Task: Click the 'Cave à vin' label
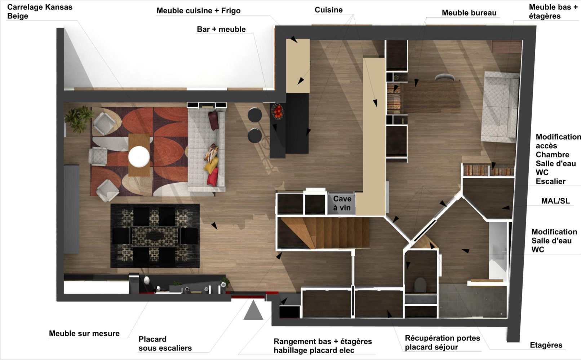pos(342,203)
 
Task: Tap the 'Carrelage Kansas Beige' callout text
pos(40,12)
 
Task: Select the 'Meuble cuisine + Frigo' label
pos(199,11)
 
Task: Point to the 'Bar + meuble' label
pos(221,29)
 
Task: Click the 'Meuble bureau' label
pos(469,13)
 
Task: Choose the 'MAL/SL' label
pos(555,201)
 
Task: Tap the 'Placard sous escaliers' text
pos(165,343)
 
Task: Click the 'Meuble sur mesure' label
pos(84,333)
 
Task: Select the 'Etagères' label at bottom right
pos(546,345)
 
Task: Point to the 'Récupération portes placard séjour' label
pos(442,342)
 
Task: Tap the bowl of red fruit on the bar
pos(277,111)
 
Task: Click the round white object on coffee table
pos(139,157)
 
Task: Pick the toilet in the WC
pos(420,285)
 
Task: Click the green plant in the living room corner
pos(79,119)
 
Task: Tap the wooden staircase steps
pos(325,233)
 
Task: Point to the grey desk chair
pos(444,77)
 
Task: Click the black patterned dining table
pos(155,236)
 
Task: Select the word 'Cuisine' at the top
pos(328,10)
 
